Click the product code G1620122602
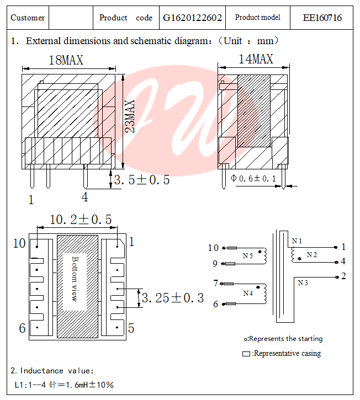point(192,18)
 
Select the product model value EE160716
point(322,18)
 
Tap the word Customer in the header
point(28,18)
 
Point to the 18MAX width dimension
point(66,60)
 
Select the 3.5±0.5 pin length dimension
point(141,180)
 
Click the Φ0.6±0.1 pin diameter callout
point(253,178)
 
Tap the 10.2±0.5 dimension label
point(81,220)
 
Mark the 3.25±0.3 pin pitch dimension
point(173,298)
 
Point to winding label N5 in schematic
point(247,255)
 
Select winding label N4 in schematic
point(247,293)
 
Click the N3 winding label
point(303,283)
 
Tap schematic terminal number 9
point(215,264)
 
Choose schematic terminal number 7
point(215,284)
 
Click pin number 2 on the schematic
point(343,276)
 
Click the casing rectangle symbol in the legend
point(246,354)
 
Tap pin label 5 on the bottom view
point(131,328)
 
